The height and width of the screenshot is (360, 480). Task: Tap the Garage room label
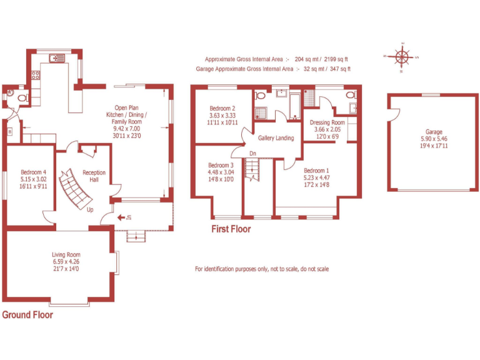click(434, 132)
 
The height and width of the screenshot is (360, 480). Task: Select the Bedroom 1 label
click(316, 171)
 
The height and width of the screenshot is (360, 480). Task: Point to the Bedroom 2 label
click(222, 108)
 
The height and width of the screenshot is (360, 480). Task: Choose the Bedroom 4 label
click(34, 172)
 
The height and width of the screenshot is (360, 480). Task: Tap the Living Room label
click(66, 254)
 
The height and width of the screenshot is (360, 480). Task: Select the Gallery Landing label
click(276, 138)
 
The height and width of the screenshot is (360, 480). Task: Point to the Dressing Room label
click(327, 122)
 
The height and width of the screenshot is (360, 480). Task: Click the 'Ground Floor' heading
click(27, 315)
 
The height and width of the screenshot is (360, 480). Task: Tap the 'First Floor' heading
click(231, 229)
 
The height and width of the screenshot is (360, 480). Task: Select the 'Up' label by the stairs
click(90, 210)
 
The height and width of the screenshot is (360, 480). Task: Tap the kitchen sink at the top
click(57, 58)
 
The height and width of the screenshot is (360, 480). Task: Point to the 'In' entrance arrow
click(125, 217)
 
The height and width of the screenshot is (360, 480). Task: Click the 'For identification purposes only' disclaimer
click(262, 269)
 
